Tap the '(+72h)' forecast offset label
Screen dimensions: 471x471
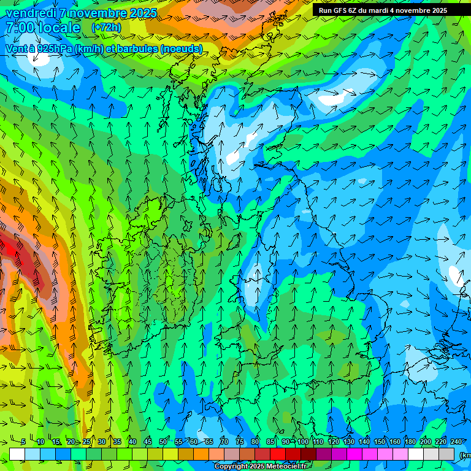[x=106, y=28]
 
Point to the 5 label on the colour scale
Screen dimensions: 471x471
[x=23, y=442]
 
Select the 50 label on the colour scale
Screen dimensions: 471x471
[x=163, y=442]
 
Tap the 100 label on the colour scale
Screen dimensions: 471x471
[x=302, y=442]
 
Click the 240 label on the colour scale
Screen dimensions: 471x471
[x=456, y=442]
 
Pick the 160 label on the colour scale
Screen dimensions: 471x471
[x=394, y=442]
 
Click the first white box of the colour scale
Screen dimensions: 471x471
[x=17, y=454]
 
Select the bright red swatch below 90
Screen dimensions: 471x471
[x=278, y=454]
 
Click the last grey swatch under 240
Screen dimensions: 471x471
[x=446, y=454]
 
